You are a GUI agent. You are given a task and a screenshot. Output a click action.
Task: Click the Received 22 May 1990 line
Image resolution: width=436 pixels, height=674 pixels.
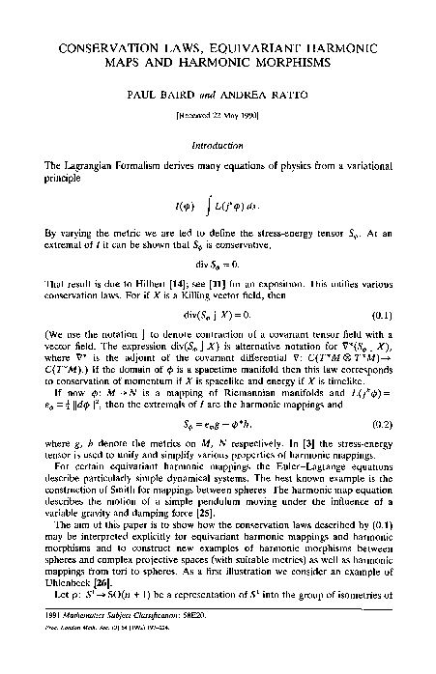click(x=218, y=115)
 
